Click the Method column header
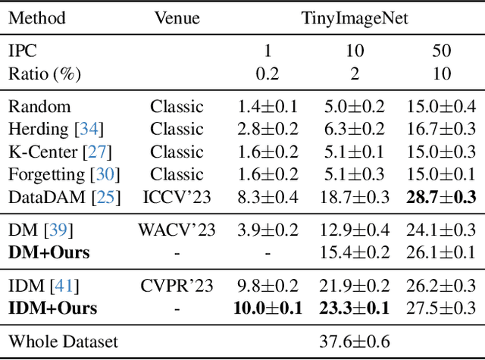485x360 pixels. [36, 17]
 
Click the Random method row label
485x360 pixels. [39, 107]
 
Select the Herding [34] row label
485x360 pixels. [56, 129]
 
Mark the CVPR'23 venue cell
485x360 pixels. [176, 286]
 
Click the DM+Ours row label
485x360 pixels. [48, 252]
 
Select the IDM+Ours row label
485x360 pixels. [53, 308]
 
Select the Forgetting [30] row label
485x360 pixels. [62, 174]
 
